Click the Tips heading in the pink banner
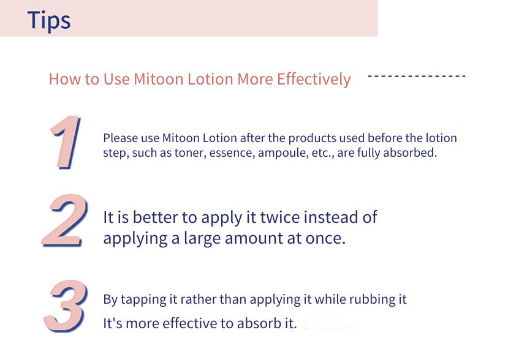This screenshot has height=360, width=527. coord(49,20)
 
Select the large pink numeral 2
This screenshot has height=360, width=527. coord(66,221)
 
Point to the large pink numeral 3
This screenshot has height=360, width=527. coord(66,306)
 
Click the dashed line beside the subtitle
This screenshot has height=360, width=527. coord(417,77)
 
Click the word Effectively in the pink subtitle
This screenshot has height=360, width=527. coord(314,79)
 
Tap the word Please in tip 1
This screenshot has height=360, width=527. coord(120,138)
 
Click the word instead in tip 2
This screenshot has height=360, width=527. coord(330,217)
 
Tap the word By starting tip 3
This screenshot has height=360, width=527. coord(110,299)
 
